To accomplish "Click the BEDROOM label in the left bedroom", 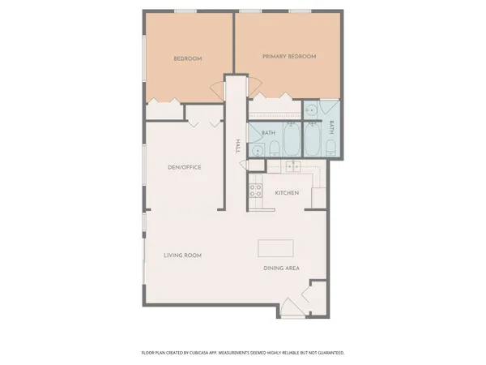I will tap(188, 58).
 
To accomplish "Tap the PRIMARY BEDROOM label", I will tap(288, 56).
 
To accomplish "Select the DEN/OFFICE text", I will tap(184, 167).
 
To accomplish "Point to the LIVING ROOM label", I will tap(182, 255).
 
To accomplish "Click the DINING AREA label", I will tap(280, 268).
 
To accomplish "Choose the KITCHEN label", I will tap(288, 192).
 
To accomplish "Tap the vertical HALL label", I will tap(237, 146).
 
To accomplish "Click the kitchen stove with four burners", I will tap(255, 191).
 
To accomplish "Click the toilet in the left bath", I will tap(274, 147).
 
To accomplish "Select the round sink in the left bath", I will tap(258, 149).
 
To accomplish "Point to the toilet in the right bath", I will tap(330, 148).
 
